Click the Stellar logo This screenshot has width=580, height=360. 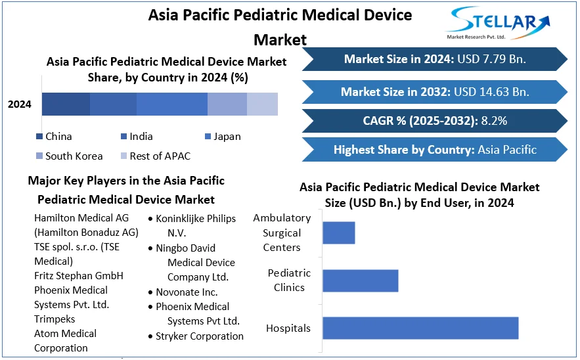(497, 23)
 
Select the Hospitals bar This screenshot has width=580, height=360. (420, 328)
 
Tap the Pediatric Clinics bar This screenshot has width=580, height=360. (361, 281)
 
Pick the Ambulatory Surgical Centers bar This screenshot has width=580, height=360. (339, 233)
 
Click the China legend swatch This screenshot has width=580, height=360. (39, 137)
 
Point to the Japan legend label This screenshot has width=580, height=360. (227, 137)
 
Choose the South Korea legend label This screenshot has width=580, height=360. (74, 156)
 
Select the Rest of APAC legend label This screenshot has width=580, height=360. (160, 156)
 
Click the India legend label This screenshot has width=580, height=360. (141, 137)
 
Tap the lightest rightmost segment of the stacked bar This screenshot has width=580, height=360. (262, 104)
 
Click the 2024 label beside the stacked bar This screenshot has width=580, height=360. (20, 104)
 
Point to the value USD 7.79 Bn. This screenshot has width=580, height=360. (491, 59)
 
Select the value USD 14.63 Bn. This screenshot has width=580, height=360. (491, 92)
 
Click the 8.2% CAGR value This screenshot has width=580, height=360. (494, 121)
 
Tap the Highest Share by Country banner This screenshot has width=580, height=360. (435, 150)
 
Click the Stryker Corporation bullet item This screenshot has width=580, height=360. (196, 336)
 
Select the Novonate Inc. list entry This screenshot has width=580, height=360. (183, 292)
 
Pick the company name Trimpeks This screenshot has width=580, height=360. (55, 319)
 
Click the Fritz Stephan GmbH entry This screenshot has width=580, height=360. (79, 276)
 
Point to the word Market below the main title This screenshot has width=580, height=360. (280, 39)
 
